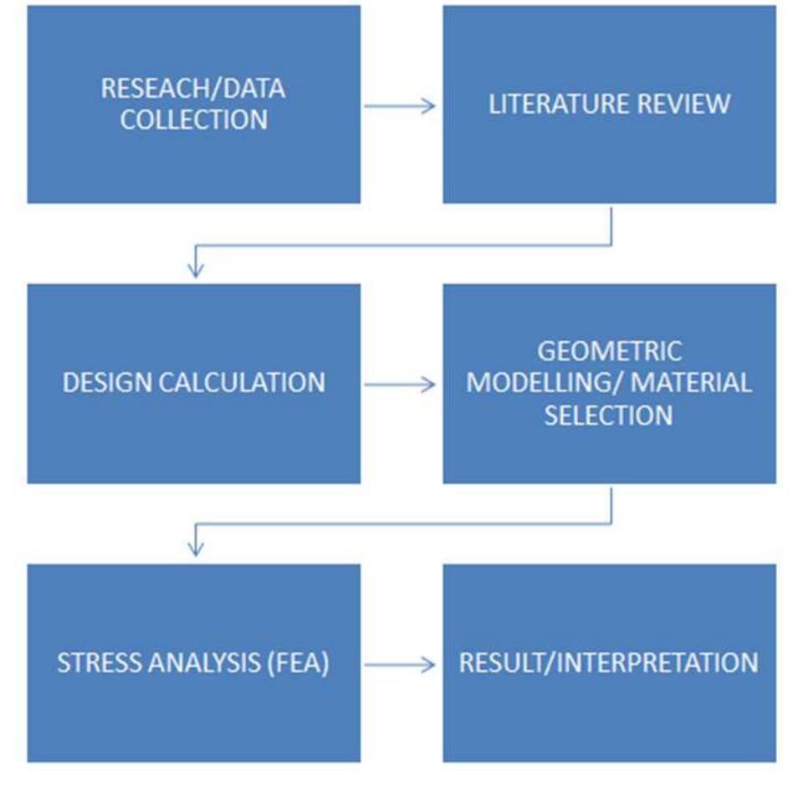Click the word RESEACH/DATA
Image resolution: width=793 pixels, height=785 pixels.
pos(193,88)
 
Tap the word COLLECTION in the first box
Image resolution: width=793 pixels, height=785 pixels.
pos(193,120)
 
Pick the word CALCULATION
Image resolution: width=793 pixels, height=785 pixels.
pos(243,383)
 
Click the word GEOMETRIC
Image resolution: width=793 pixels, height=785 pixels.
pos(609,351)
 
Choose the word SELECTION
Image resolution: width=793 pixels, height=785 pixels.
pos(609,415)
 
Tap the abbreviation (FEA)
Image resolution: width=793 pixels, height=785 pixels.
pos(297,663)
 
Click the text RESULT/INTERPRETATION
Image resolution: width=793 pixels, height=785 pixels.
pos(609,663)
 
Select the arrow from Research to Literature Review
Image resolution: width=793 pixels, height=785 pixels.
pos(400,105)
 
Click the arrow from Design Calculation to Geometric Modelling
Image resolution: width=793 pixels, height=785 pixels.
pos(400,385)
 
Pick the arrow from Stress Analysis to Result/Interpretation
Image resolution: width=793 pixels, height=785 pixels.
pos(400,665)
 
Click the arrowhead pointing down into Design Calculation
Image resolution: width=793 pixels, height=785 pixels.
pos(195,269)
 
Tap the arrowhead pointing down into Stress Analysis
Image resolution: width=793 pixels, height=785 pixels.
pos(195,548)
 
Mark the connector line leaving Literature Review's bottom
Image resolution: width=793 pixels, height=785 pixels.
pos(611,226)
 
